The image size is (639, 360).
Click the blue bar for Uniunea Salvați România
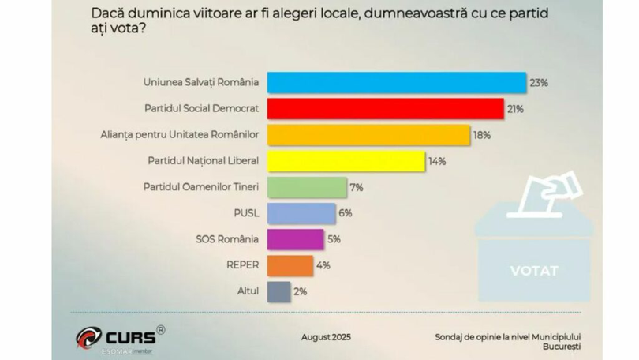[x=397, y=82]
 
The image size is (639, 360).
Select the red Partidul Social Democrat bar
[x=386, y=109]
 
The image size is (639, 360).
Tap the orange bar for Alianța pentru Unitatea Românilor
[x=369, y=135]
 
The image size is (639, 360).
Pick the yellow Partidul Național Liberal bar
[x=346, y=161]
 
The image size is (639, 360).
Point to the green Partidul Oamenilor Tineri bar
[x=307, y=187]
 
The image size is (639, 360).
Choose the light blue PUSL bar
[x=301, y=213]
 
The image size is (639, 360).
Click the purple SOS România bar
[x=296, y=239]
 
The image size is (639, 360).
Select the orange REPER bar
[x=290, y=265]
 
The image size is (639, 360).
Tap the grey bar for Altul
[x=279, y=291]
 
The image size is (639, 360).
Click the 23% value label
[x=539, y=82]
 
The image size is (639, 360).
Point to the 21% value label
[x=516, y=109]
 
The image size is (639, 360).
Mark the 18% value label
[x=482, y=135]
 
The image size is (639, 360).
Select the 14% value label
[x=437, y=161]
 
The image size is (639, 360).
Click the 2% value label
[x=301, y=291]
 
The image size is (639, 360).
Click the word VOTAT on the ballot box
[x=534, y=271]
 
